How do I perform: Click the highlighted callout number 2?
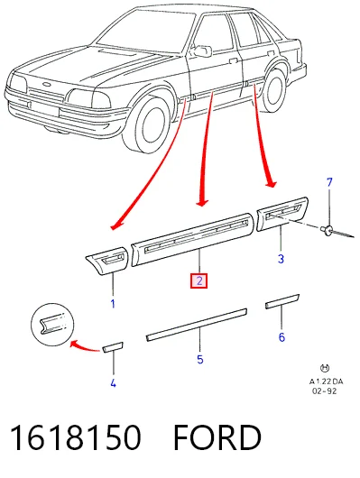tap(198, 280)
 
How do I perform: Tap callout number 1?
tap(113, 304)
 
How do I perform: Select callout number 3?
tap(281, 259)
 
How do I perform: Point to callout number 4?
tap(113, 383)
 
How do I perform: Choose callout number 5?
tap(199, 360)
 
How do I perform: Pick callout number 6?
tap(282, 337)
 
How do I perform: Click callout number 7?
tap(329, 182)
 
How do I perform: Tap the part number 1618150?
tap(76, 437)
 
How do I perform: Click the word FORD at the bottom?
tap(217, 437)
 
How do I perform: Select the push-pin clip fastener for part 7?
tap(328, 230)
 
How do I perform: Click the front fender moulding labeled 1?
tap(106, 261)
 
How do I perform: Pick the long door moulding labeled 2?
tap(192, 239)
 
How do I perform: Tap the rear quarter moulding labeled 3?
tap(282, 214)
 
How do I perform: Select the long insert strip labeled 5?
tap(197, 325)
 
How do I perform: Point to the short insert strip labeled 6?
tap(282, 301)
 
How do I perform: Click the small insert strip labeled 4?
tap(113, 347)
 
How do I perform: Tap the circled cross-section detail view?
tap(52, 325)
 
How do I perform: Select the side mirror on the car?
tap(202, 51)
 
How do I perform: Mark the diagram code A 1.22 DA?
tap(326, 381)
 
